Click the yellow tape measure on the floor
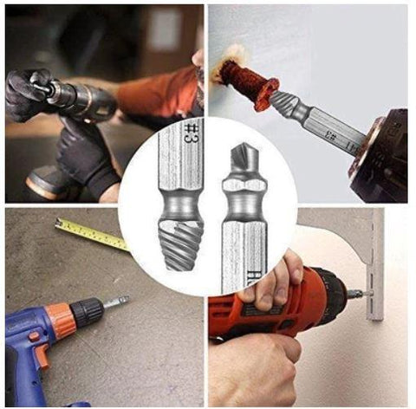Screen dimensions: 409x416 tap(95, 233)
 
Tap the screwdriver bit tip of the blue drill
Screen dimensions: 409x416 tap(121, 301)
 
